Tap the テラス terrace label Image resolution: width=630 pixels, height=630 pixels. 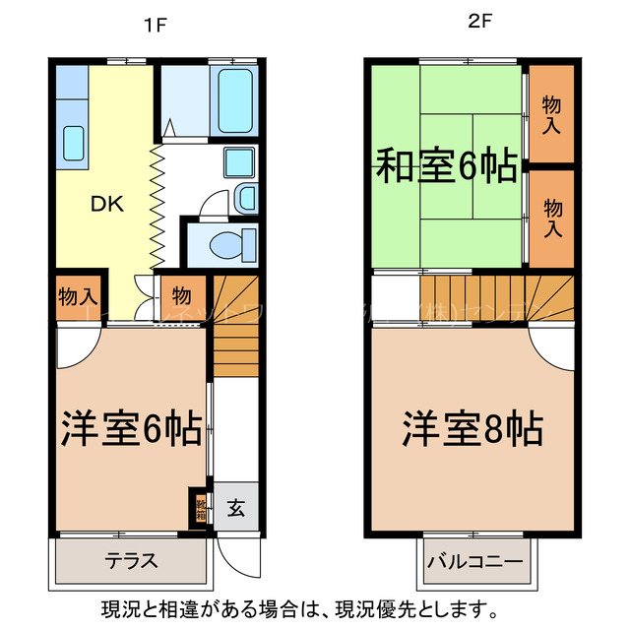point(132,562)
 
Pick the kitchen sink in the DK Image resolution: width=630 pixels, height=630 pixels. point(74,144)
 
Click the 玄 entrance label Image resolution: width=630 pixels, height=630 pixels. point(237,508)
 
